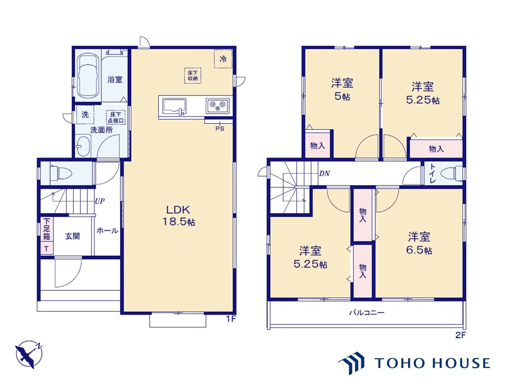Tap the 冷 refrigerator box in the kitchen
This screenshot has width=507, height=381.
coord(223,59)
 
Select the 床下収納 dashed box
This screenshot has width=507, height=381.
coord(193,75)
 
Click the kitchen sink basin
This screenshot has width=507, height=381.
coord(174,106)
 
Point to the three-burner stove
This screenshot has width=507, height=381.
coord(217,106)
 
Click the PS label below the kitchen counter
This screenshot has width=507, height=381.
coord(220,129)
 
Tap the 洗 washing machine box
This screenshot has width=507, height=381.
coord(85,115)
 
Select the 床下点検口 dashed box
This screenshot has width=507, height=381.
coord(116,117)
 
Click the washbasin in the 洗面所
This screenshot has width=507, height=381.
coord(83,146)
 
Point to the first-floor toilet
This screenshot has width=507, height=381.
coord(61,173)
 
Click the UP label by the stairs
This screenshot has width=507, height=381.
coord(100,201)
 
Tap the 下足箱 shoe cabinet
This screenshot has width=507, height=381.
coord(47,229)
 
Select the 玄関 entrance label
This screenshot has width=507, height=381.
coord(72,236)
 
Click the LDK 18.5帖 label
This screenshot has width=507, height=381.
coord(179,216)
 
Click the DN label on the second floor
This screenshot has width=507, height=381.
coord(324,173)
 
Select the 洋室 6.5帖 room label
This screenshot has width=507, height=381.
coord(419,243)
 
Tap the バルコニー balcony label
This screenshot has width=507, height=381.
coord(366,313)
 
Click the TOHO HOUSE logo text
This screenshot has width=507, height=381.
coord(432,363)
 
